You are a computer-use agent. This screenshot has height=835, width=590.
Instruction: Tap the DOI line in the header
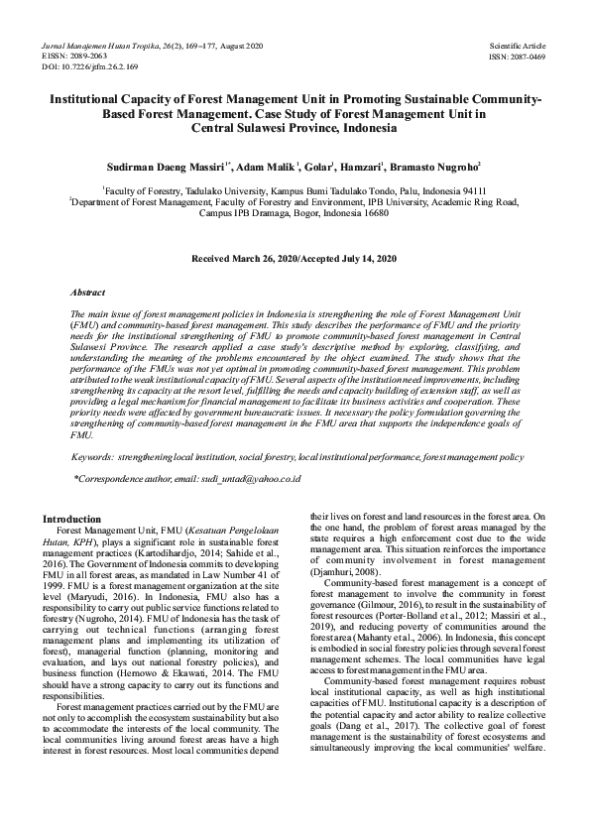[x=90, y=66]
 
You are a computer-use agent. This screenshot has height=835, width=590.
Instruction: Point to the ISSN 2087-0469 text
[x=518, y=57]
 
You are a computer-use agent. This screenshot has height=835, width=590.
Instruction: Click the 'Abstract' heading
[x=90, y=294]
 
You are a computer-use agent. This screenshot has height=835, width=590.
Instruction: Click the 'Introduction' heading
[x=72, y=519]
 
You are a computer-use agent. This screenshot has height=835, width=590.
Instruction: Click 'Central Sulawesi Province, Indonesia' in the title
[x=295, y=127]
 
